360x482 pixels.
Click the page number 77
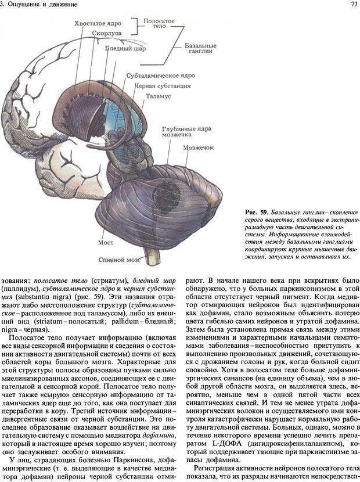pyautogui.click(x=354, y=5)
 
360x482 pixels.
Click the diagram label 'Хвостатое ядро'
pyautogui.click(x=98, y=24)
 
